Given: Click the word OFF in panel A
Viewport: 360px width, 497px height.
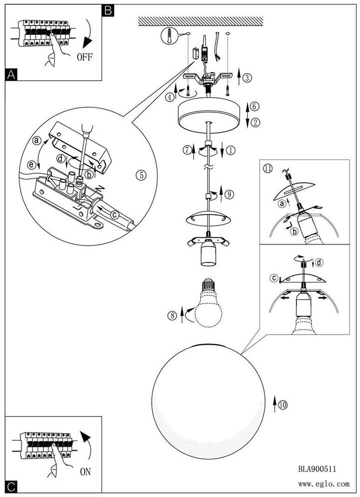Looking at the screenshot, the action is tap(85, 57).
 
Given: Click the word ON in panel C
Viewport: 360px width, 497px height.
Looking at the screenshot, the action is tap(85, 471).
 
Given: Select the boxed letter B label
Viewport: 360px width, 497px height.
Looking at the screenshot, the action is tap(108, 11).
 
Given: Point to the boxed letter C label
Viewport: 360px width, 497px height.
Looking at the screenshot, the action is tap(11, 486).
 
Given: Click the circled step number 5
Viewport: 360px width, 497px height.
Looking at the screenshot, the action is tap(141, 175).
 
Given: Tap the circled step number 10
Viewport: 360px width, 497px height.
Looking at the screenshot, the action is tap(283, 405).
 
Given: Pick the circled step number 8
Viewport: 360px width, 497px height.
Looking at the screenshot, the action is tap(172, 315).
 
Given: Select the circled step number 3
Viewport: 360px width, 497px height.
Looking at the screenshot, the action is tap(247, 77).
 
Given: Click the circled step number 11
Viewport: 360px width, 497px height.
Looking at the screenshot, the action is tap(268, 168).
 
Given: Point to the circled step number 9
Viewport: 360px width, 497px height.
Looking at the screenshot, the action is tap(229, 194).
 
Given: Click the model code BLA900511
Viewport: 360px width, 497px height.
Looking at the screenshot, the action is tap(317, 468).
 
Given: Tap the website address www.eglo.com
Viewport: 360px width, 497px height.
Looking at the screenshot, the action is tap(323, 484).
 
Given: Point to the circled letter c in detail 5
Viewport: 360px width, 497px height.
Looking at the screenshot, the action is tap(115, 215).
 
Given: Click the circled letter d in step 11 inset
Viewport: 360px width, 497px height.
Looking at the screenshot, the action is tap(320, 263).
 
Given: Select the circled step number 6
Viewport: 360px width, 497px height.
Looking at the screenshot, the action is tap(254, 107).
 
